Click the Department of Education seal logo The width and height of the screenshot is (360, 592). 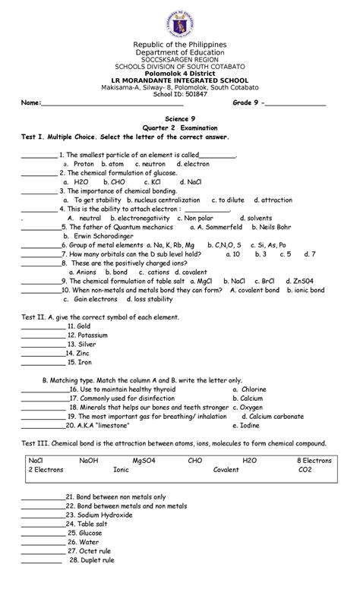(x=180, y=20)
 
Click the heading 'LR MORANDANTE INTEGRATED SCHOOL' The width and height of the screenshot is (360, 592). (x=180, y=79)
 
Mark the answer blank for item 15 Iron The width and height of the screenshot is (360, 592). (x=43, y=363)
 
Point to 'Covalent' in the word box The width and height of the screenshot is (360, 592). (x=226, y=470)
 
